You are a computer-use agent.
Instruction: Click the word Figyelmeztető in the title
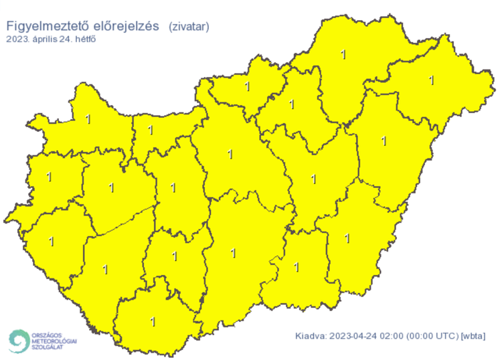tap(48, 26)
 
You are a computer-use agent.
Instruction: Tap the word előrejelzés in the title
tap(127, 26)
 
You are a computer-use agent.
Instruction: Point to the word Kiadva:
tap(311, 336)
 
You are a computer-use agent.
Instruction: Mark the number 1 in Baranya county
tap(153, 322)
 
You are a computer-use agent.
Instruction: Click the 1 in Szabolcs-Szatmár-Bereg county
tap(432, 80)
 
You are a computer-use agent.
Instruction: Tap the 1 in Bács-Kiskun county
tap(233, 254)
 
